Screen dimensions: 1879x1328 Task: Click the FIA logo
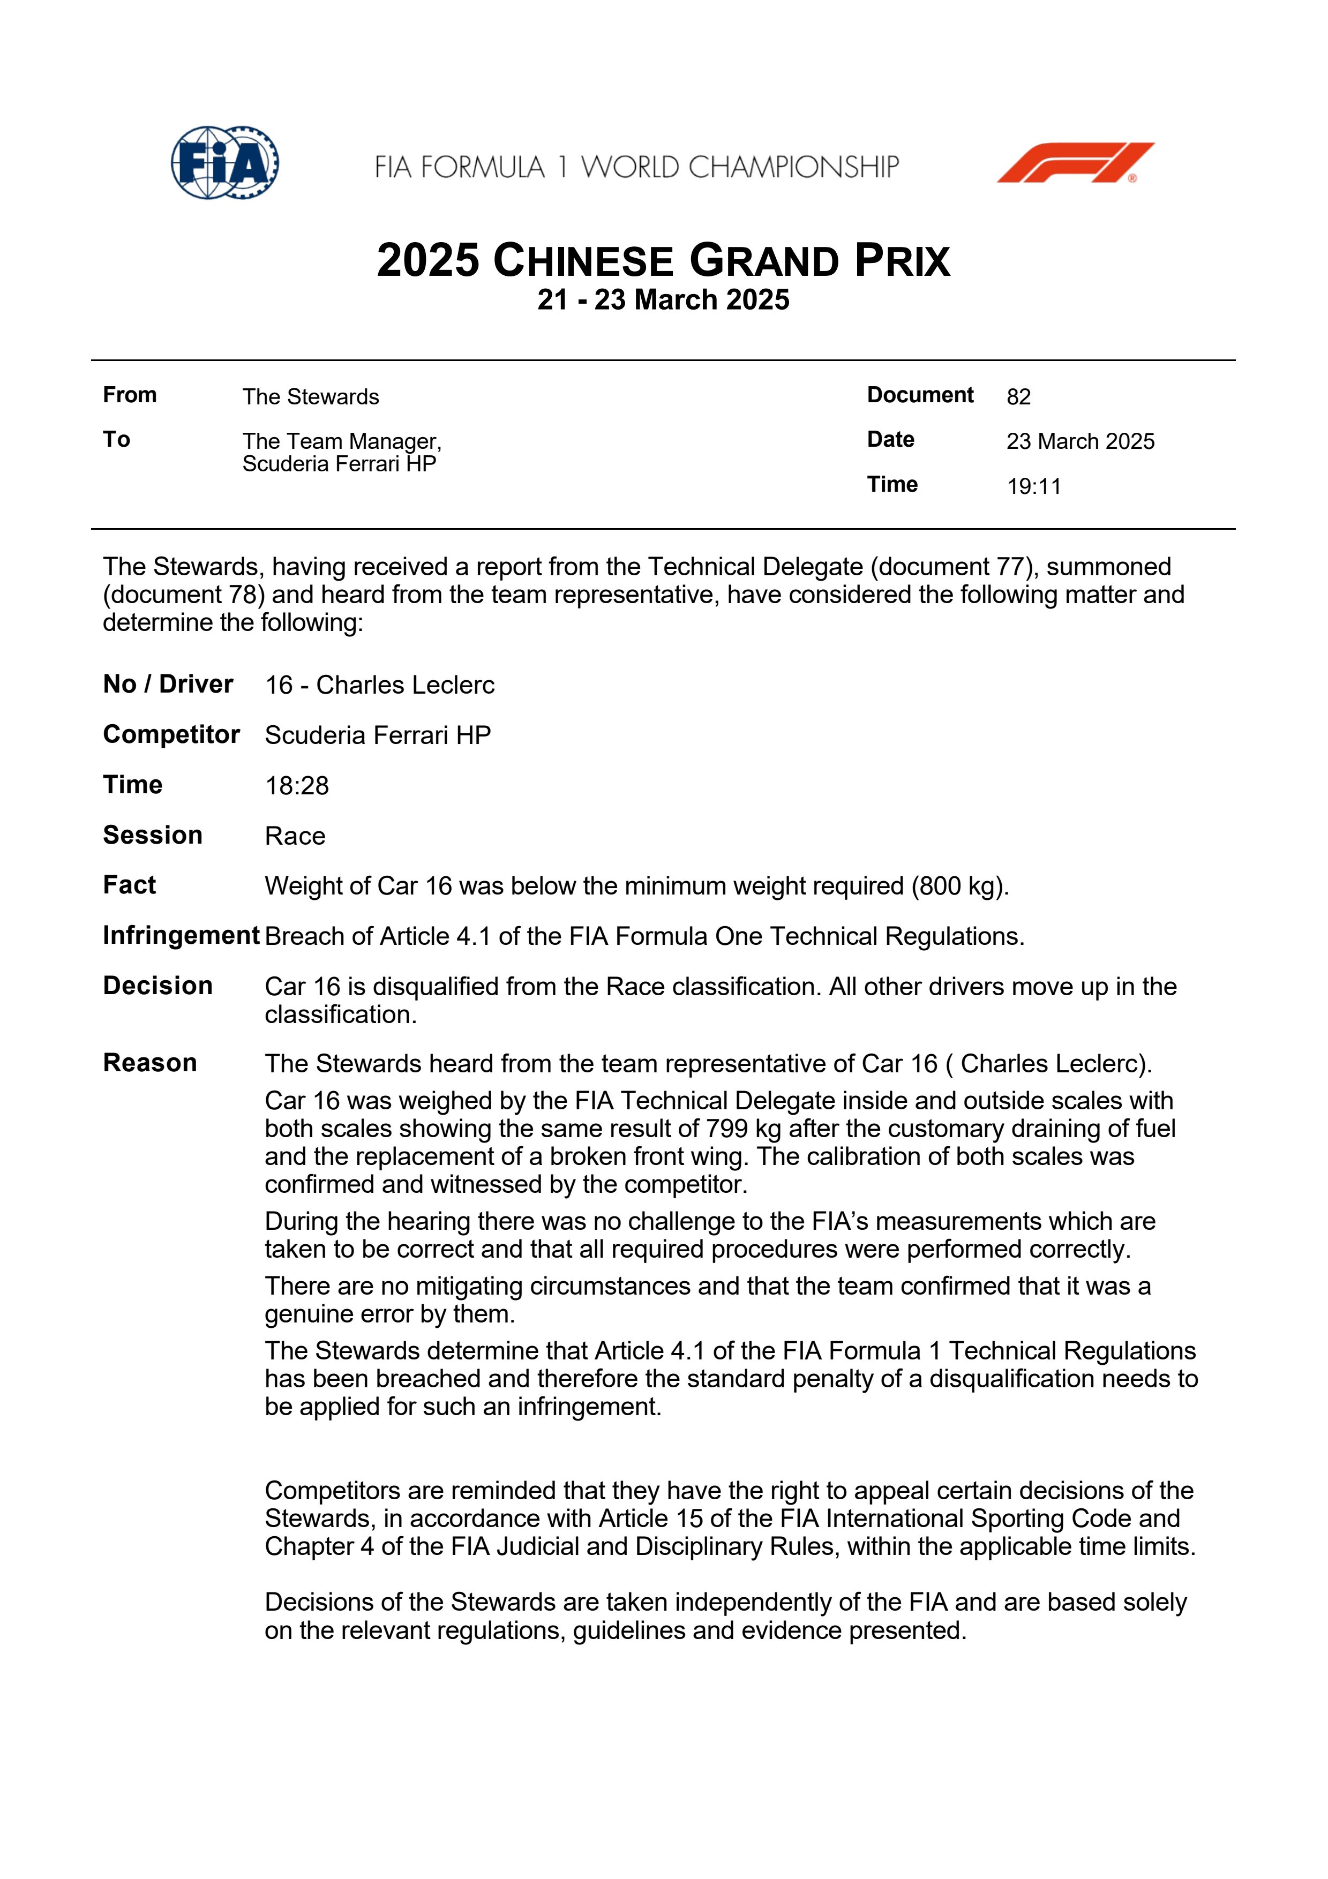pos(225,162)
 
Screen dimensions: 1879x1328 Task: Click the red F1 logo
pos(1075,162)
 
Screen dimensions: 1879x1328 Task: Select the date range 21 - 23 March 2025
pos(663,300)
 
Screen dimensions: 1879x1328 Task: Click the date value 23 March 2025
pos(1080,442)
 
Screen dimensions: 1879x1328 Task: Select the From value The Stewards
pos(310,397)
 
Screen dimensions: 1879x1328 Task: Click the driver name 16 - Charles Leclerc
pos(380,685)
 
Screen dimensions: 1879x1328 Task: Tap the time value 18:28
pos(296,786)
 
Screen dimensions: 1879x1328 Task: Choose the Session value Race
pos(295,836)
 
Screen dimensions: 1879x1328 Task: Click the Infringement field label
pos(181,935)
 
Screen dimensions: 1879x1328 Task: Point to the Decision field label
pos(158,986)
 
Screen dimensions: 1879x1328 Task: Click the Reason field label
pos(150,1063)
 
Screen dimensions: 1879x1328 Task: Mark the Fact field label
pos(129,885)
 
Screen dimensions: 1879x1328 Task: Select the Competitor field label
pos(171,735)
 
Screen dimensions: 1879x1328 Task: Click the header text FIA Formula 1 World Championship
pos(636,168)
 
